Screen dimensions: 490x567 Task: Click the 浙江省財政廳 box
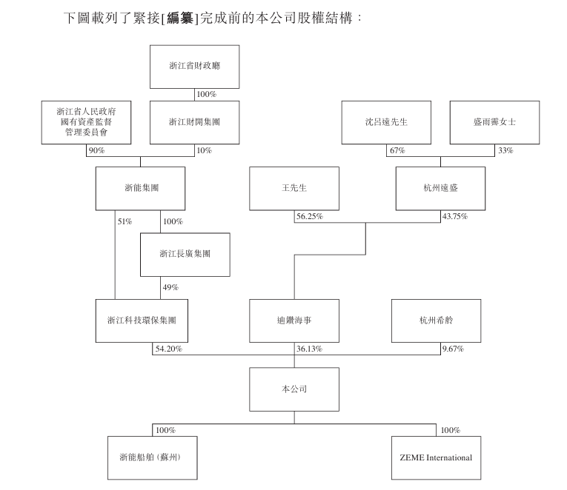point(195,67)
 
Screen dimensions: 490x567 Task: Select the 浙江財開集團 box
point(195,122)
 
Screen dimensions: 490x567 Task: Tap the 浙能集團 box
point(141,188)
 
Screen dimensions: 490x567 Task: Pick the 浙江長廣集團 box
point(185,254)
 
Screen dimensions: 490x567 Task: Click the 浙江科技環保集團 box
point(141,320)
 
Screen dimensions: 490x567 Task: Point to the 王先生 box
point(294,188)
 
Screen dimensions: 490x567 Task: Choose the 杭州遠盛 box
point(440,188)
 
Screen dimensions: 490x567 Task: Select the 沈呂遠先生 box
point(386,122)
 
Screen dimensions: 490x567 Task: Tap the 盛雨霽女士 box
point(494,122)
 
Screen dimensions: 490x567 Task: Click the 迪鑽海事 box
point(294,320)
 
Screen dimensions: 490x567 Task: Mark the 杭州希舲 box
point(436,320)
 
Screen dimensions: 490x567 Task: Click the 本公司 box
point(294,389)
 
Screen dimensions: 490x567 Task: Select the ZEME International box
point(436,457)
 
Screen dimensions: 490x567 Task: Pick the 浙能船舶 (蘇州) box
point(152,457)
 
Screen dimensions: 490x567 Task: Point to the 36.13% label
point(309,349)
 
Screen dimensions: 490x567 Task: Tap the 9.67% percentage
point(452,349)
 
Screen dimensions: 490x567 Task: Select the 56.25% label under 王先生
point(309,217)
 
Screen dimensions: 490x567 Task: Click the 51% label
point(124,221)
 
